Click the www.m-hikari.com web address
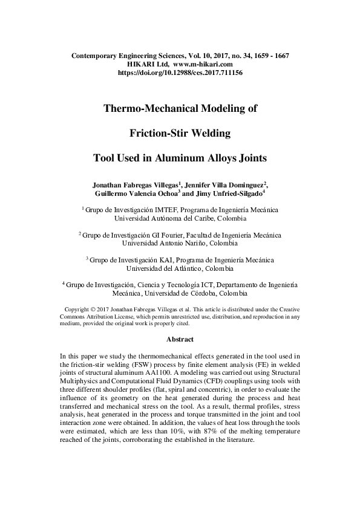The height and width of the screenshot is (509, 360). click(203, 63)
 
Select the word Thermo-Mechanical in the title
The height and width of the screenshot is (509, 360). click(146, 109)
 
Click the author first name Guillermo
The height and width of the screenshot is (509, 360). click(113, 193)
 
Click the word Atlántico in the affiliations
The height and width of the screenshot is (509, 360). click(182, 268)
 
